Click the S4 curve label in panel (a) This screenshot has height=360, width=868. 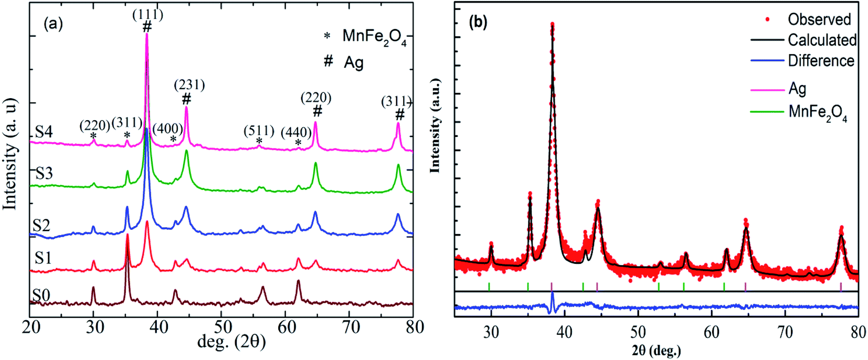[44, 132]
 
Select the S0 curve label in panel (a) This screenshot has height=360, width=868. [41, 296]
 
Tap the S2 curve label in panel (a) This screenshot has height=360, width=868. [41, 226]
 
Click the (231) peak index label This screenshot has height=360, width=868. [189, 84]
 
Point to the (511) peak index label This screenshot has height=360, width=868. [259, 130]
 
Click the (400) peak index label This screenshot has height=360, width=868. [168, 129]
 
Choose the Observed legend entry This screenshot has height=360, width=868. [819, 19]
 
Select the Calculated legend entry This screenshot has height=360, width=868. [822, 40]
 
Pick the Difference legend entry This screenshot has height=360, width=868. [821, 60]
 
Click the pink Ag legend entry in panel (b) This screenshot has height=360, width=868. [797, 89]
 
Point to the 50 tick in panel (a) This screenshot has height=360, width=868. [222, 327]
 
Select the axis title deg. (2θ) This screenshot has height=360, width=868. [231, 342]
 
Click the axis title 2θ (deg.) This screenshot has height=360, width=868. [656, 350]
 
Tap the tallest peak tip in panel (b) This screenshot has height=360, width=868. [552, 24]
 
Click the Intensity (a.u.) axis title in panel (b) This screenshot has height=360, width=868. [435, 126]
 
